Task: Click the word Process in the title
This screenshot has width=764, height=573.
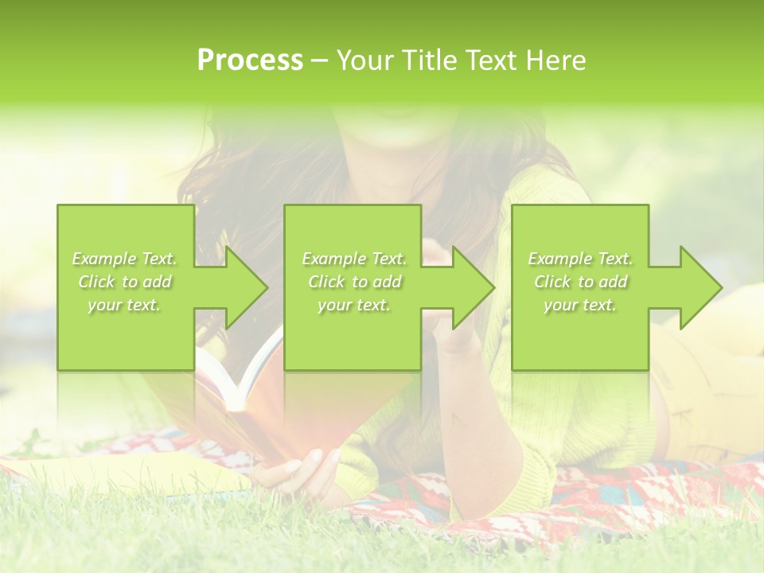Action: [250, 60]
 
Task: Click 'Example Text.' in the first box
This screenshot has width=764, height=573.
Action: [125, 259]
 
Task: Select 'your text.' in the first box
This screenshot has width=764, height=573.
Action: [125, 305]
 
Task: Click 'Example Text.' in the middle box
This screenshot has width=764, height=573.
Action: [354, 259]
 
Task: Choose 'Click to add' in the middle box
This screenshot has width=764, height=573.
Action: [354, 282]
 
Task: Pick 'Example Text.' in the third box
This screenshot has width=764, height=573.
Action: [580, 259]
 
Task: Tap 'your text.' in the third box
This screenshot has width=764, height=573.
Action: [580, 305]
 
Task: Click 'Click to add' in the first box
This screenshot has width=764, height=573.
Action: [125, 282]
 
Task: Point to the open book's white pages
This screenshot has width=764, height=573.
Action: [239, 382]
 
